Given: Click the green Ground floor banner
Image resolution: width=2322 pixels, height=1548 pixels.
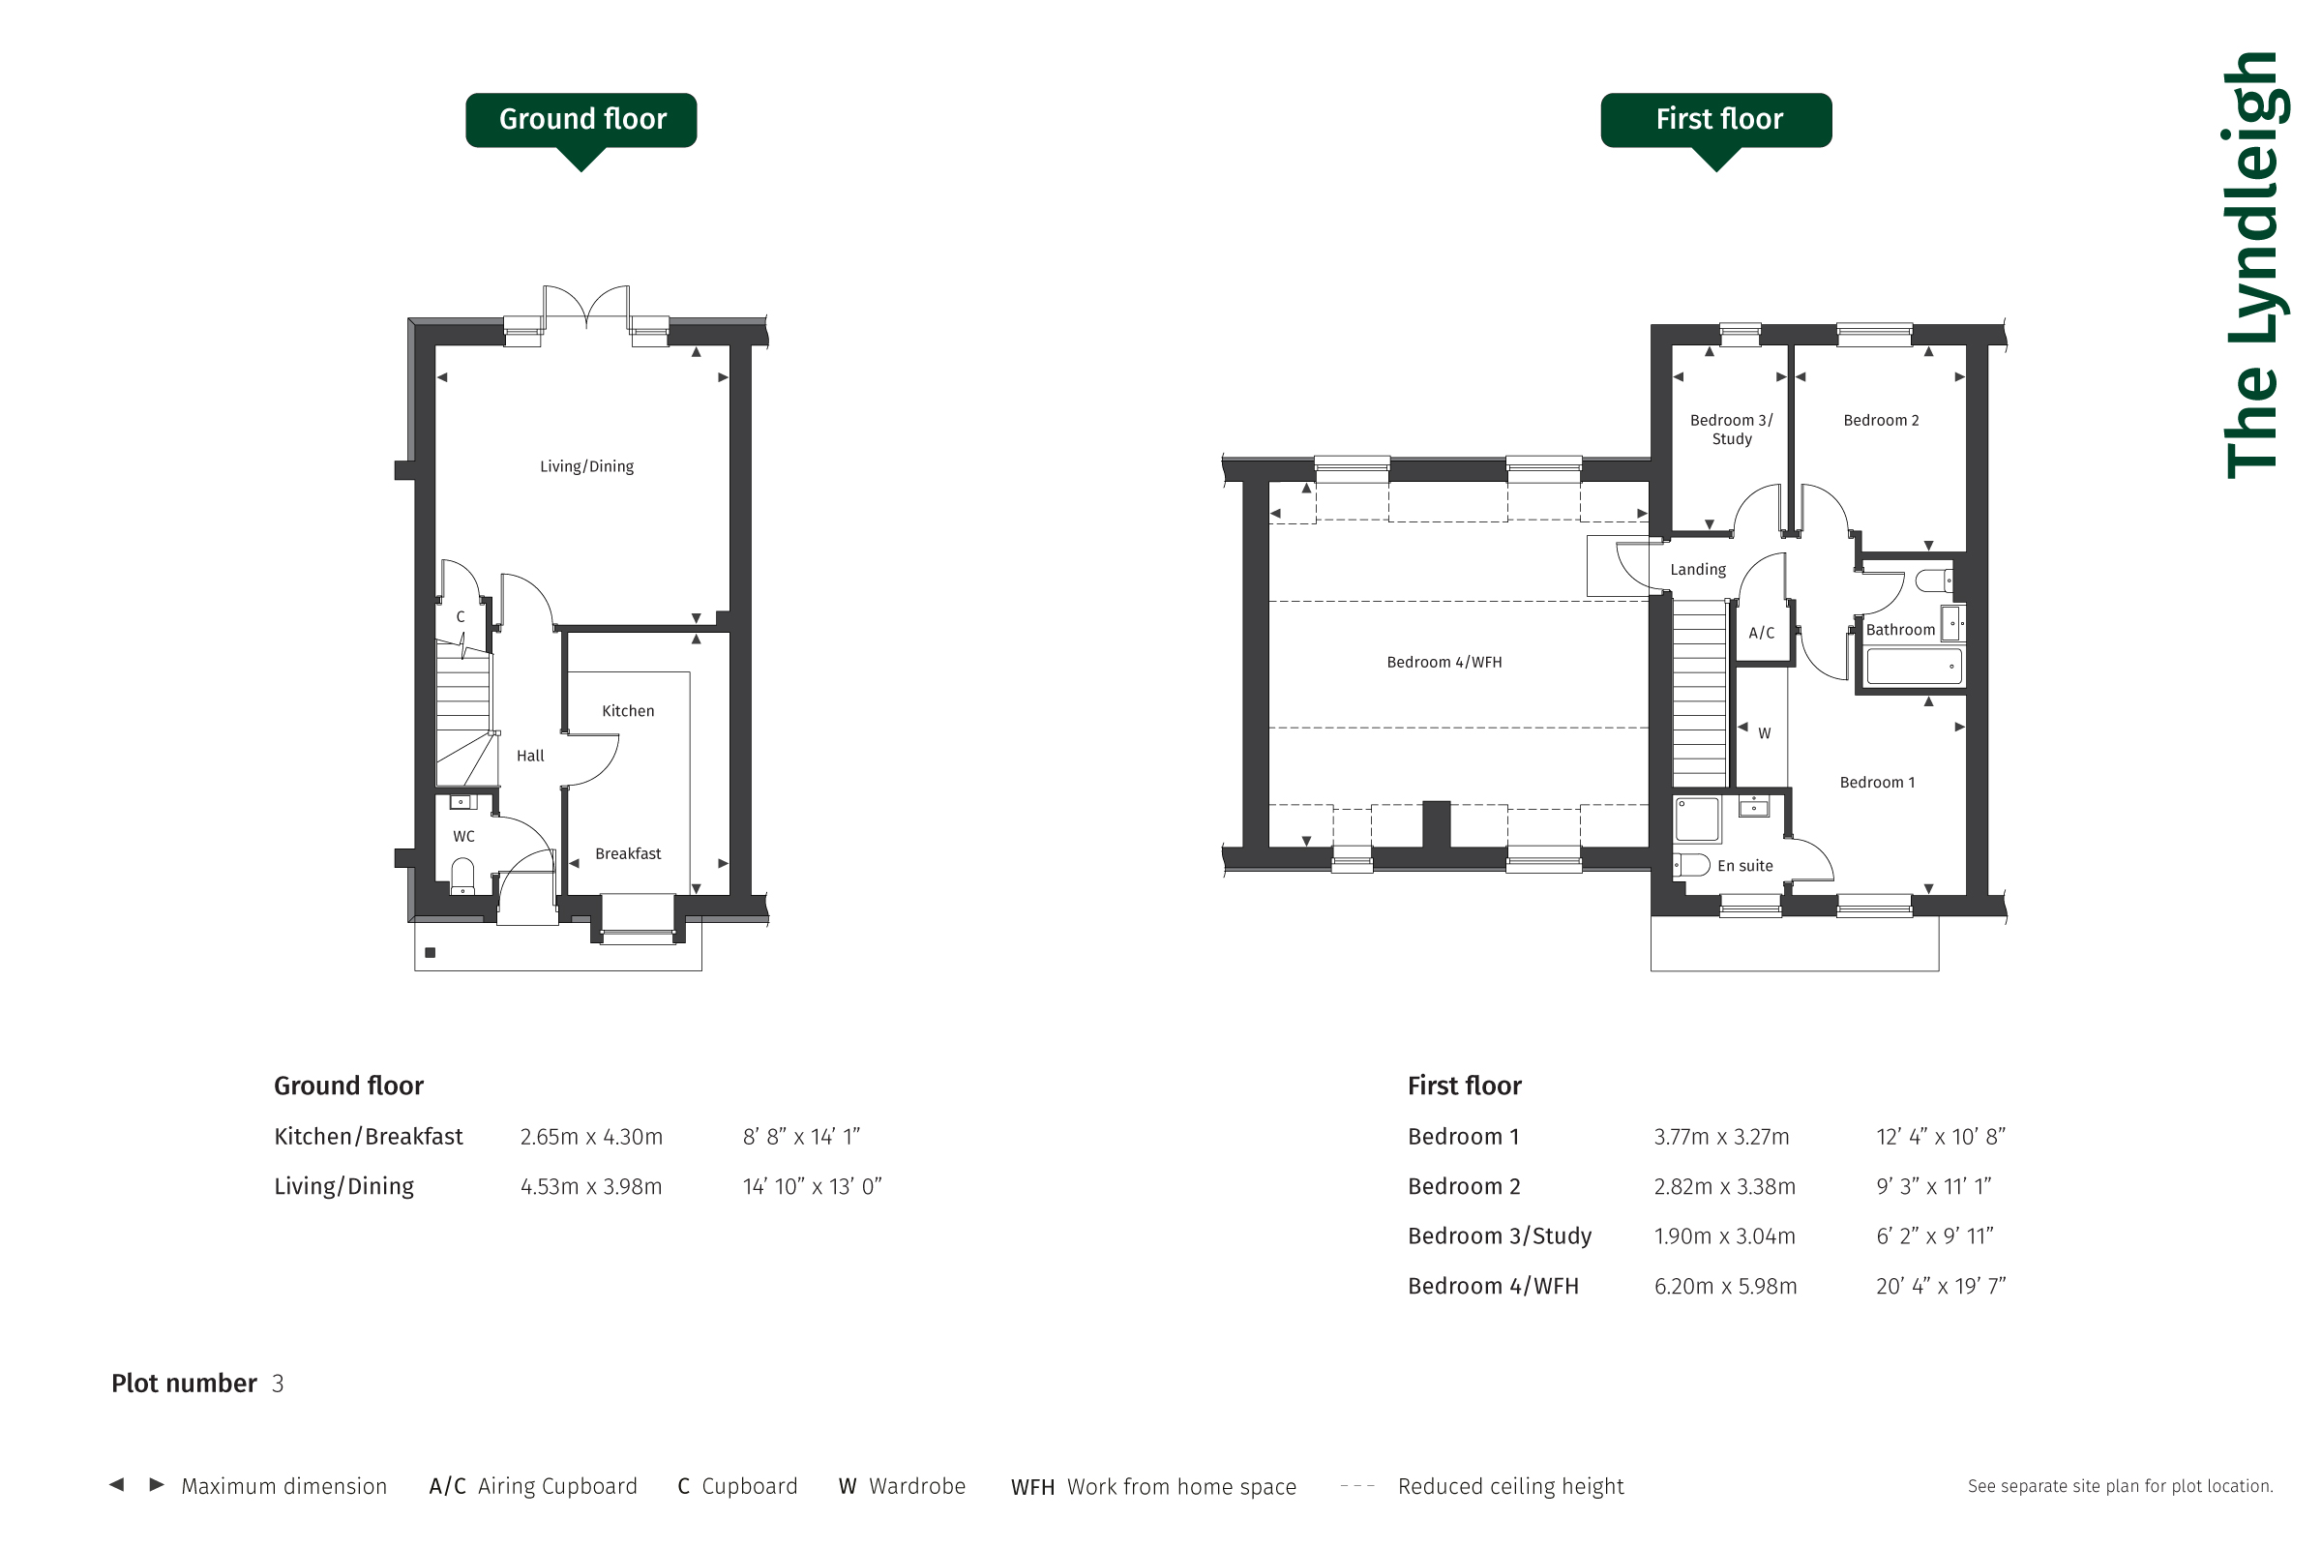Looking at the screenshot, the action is click(x=580, y=120).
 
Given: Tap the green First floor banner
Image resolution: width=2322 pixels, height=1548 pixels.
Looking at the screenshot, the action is click(x=1715, y=120).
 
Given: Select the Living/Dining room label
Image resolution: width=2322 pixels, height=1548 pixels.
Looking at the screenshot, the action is click(x=586, y=466).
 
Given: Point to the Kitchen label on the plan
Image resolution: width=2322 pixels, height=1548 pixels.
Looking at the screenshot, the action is click(x=628, y=711).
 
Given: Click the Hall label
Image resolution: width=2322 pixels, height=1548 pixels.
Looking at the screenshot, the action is click(x=530, y=756).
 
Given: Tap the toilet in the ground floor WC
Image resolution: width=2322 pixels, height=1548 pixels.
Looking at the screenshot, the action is click(x=462, y=875).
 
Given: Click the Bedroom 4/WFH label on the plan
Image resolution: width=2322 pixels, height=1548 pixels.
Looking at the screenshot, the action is click(x=1444, y=662).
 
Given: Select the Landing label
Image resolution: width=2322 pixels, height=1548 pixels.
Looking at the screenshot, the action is click(x=1698, y=570).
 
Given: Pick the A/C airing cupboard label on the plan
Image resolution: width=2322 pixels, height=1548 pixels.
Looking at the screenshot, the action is click(x=1761, y=633).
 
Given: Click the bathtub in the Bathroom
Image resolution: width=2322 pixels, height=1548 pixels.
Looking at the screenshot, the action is click(x=1914, y=667).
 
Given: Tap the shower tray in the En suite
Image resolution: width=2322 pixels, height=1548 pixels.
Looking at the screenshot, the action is click(x=1698, y=819).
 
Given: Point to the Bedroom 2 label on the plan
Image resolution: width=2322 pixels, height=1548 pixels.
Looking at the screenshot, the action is click(x=1882, y=421).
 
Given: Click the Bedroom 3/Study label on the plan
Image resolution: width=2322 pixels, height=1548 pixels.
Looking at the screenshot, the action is click(x=1732, y=430).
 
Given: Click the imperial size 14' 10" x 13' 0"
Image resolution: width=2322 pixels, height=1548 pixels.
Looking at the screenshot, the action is click(x=812, y=1186).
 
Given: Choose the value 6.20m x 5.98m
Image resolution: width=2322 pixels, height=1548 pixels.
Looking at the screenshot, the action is click(x=1726, y=1286).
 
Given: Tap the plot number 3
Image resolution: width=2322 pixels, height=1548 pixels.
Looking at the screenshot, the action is click(x=279, y=1384).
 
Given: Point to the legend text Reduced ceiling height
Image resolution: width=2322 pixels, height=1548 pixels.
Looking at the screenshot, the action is click(x=1510, y=1486).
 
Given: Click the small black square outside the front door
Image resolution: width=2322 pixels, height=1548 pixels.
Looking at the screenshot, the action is click(x=431, y=953).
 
